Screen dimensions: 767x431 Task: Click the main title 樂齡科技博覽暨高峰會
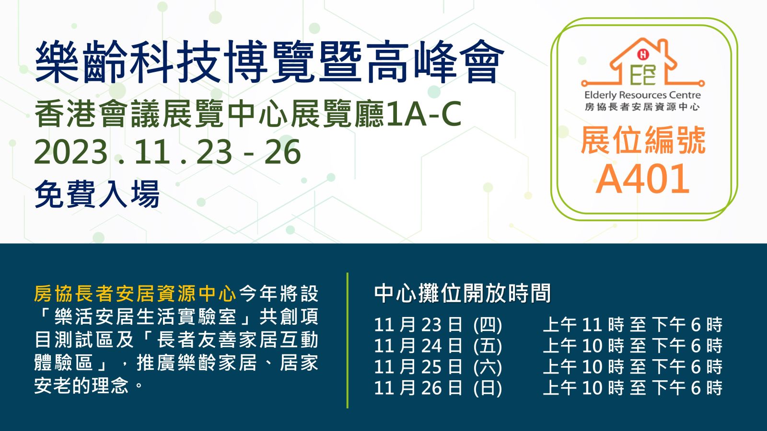click(269, 62)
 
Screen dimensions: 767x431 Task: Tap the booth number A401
click(643, 179)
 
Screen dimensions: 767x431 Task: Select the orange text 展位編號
click(643, 140)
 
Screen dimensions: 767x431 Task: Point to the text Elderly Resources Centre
click(643, 95)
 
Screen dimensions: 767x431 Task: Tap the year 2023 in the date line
click(71, 152)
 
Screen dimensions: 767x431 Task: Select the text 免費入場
click(97, 194)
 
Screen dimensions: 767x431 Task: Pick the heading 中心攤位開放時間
click(462, 294)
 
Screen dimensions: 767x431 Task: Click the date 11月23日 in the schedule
click(418, 324)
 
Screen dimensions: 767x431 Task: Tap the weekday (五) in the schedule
click(488, 346)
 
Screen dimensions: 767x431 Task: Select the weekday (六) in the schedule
click(488, 367)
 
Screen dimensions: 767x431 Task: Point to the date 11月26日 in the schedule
click(418, 388)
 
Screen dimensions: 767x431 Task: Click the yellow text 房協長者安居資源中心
click(135, 294)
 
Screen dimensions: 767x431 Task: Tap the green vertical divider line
click(348, 340)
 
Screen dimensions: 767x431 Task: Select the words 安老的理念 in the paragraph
click(81, 386)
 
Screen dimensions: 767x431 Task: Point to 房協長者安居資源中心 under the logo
click(642, 107)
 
